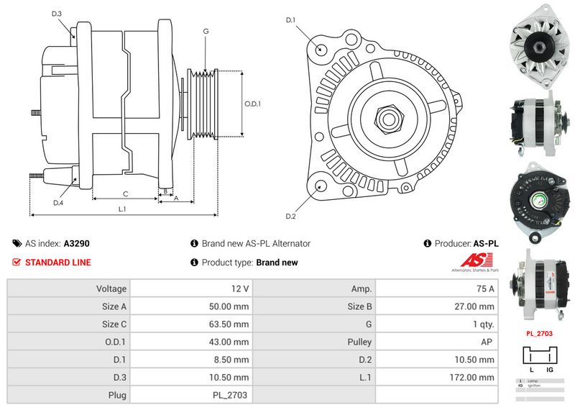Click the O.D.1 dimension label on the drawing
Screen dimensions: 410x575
pyautogui.click(x=252, y=104)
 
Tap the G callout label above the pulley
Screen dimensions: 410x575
pyautogui.click(x=206, y=31)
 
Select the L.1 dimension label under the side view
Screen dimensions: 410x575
pyautogui.click(x=122, y=209)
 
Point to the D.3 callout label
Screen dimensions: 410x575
pyautogui.click(x=57, y=14)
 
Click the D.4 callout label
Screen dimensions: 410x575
pyautogui.click(x=58, y=203)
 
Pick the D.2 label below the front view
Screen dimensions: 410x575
pyautogui.click(x=291, y=217)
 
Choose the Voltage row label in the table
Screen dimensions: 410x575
pyautogui.click(x=111, y=289)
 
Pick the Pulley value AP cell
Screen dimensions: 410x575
pyautogui.click(x=487, y=342)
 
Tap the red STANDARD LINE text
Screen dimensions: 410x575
pyautogui.click(x=57, y=263)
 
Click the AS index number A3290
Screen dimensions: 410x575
pyautogui.click(x=77, y=244)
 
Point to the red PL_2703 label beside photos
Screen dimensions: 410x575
pyautogui.click(x=538, y=334)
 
